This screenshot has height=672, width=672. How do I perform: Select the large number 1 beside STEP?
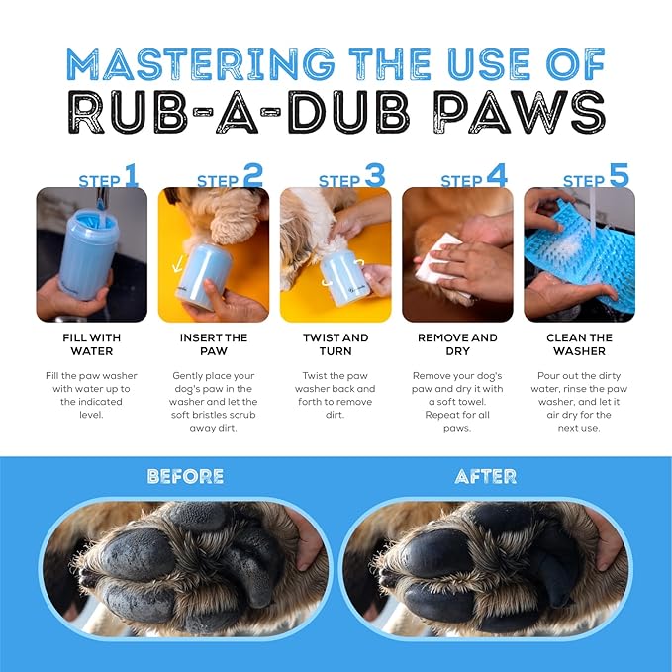coord(132,175)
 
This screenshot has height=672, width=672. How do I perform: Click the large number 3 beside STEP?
coord(375,175)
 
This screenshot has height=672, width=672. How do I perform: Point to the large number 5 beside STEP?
coord(619,175)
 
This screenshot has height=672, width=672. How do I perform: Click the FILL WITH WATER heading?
coord(92,344)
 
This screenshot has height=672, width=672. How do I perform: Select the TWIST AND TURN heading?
coord(336,344)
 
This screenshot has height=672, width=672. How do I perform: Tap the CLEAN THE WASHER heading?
coord(579,344)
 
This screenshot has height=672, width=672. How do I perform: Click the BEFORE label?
coord(186,477)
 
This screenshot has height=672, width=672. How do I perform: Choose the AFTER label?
coord(486,477)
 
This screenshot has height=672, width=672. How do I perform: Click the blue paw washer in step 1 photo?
coord(88,253)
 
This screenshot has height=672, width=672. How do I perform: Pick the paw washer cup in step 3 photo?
coord(344,278)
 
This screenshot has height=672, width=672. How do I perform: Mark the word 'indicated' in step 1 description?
coord(91,402)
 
